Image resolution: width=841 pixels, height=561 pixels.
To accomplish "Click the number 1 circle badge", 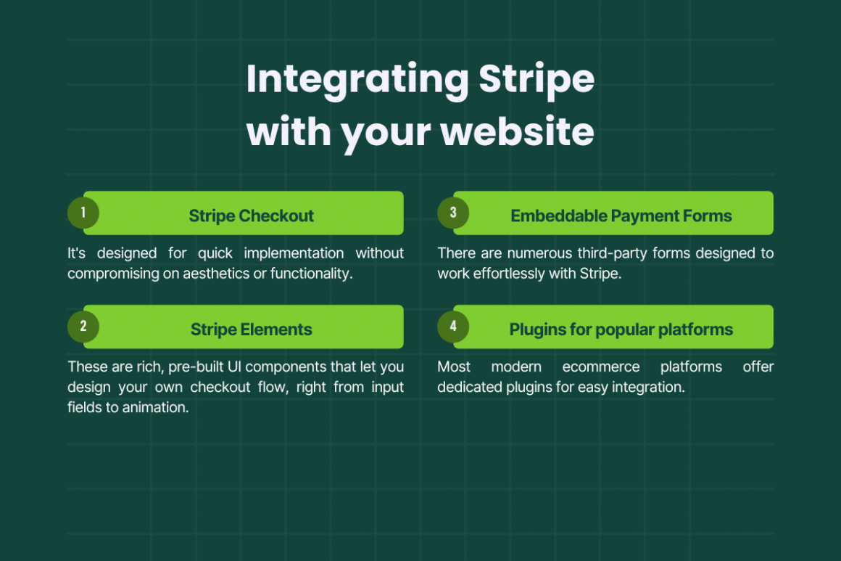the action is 83,213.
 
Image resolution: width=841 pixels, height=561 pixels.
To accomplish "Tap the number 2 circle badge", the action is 83,327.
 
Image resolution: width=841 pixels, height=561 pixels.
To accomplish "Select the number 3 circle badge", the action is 453,213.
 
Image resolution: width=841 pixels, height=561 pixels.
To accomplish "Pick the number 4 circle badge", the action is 453,327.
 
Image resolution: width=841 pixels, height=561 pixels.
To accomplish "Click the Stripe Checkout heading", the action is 251,216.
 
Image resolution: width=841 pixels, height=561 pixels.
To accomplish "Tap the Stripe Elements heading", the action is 251,329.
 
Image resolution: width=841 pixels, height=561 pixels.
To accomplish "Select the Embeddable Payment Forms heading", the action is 621,216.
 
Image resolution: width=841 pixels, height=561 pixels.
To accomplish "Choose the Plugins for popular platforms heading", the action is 621,329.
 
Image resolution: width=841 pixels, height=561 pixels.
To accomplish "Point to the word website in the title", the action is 518,131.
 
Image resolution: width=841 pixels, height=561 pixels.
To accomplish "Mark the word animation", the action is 156,407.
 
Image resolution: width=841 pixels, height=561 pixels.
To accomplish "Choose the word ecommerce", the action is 601,367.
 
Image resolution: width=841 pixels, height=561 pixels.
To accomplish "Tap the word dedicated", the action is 462,387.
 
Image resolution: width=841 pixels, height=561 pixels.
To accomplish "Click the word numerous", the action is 539,253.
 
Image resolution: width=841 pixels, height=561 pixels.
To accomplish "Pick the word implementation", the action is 294,253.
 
